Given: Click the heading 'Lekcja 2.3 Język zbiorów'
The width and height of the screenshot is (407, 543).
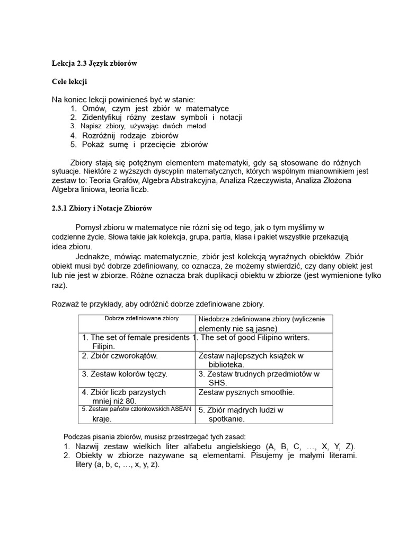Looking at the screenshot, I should click(94, 63).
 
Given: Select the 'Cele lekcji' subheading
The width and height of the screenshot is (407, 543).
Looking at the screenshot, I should click(69, 82).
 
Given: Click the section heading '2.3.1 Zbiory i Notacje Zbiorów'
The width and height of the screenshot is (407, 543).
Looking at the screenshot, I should click(102, 208).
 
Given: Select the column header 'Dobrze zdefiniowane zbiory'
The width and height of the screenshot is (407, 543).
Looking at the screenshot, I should click(141, 319).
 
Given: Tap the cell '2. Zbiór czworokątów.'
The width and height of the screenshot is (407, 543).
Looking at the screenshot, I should click(120, 356).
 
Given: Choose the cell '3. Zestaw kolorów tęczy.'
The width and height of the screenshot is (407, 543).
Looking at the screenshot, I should click(125, 374).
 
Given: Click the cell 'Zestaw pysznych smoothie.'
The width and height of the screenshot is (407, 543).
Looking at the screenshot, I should click(246, 392).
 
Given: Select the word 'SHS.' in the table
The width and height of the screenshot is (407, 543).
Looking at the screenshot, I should click(218, 383).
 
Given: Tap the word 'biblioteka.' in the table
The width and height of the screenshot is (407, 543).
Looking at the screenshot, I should click(226, 365).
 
